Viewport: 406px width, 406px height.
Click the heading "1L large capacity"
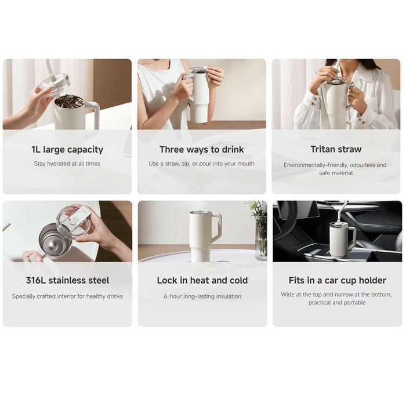[67, 150]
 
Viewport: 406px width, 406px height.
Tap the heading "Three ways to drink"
[202, 150]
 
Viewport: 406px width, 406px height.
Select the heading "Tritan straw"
[336, 150]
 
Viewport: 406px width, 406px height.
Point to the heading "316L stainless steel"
[67, 280]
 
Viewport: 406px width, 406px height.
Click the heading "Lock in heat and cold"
[202, 280]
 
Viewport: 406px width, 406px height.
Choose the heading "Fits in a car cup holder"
[337, 280]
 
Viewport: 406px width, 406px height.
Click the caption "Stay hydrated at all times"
[67, 164]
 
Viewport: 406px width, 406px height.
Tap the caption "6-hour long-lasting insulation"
[202, 296]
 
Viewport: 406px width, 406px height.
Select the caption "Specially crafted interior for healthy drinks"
[67, 296]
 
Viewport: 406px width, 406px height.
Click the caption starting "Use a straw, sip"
[202, 164]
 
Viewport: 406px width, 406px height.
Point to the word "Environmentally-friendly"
[314, 165]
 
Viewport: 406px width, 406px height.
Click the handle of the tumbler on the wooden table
[217, 227]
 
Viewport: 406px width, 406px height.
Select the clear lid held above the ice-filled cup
[56, 84]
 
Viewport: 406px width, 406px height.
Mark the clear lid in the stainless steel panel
[74, 219]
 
